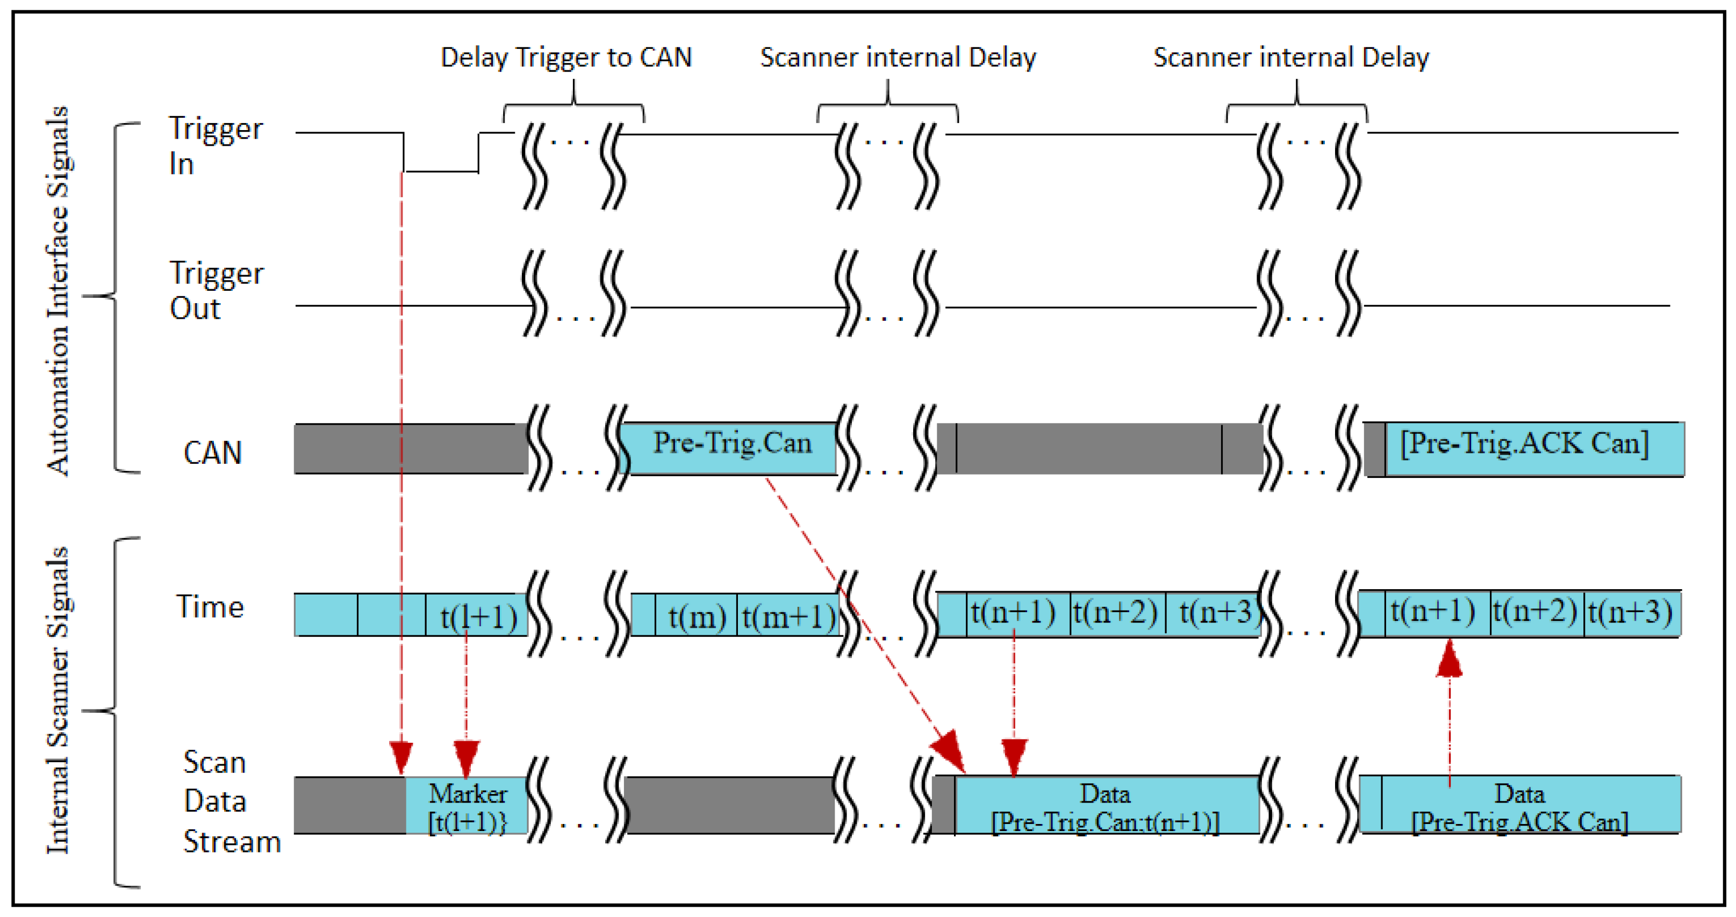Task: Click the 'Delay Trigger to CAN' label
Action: [565, 58]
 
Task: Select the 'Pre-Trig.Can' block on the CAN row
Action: [731, 447]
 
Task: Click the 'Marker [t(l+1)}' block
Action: [467, 806]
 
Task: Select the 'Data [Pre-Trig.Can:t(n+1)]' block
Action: [1105, 806]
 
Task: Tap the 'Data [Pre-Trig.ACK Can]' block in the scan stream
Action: [1520, 806]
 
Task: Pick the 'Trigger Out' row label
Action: [215, 290]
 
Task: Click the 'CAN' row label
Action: [212, 452]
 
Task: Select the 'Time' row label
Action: [210, 607]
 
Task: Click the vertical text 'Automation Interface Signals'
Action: [59, 290]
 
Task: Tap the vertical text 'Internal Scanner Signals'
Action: [59, 701]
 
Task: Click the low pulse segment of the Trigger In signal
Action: [441, 170]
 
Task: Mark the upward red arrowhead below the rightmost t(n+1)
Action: [1449, 659]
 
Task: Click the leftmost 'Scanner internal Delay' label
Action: [898, 58]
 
